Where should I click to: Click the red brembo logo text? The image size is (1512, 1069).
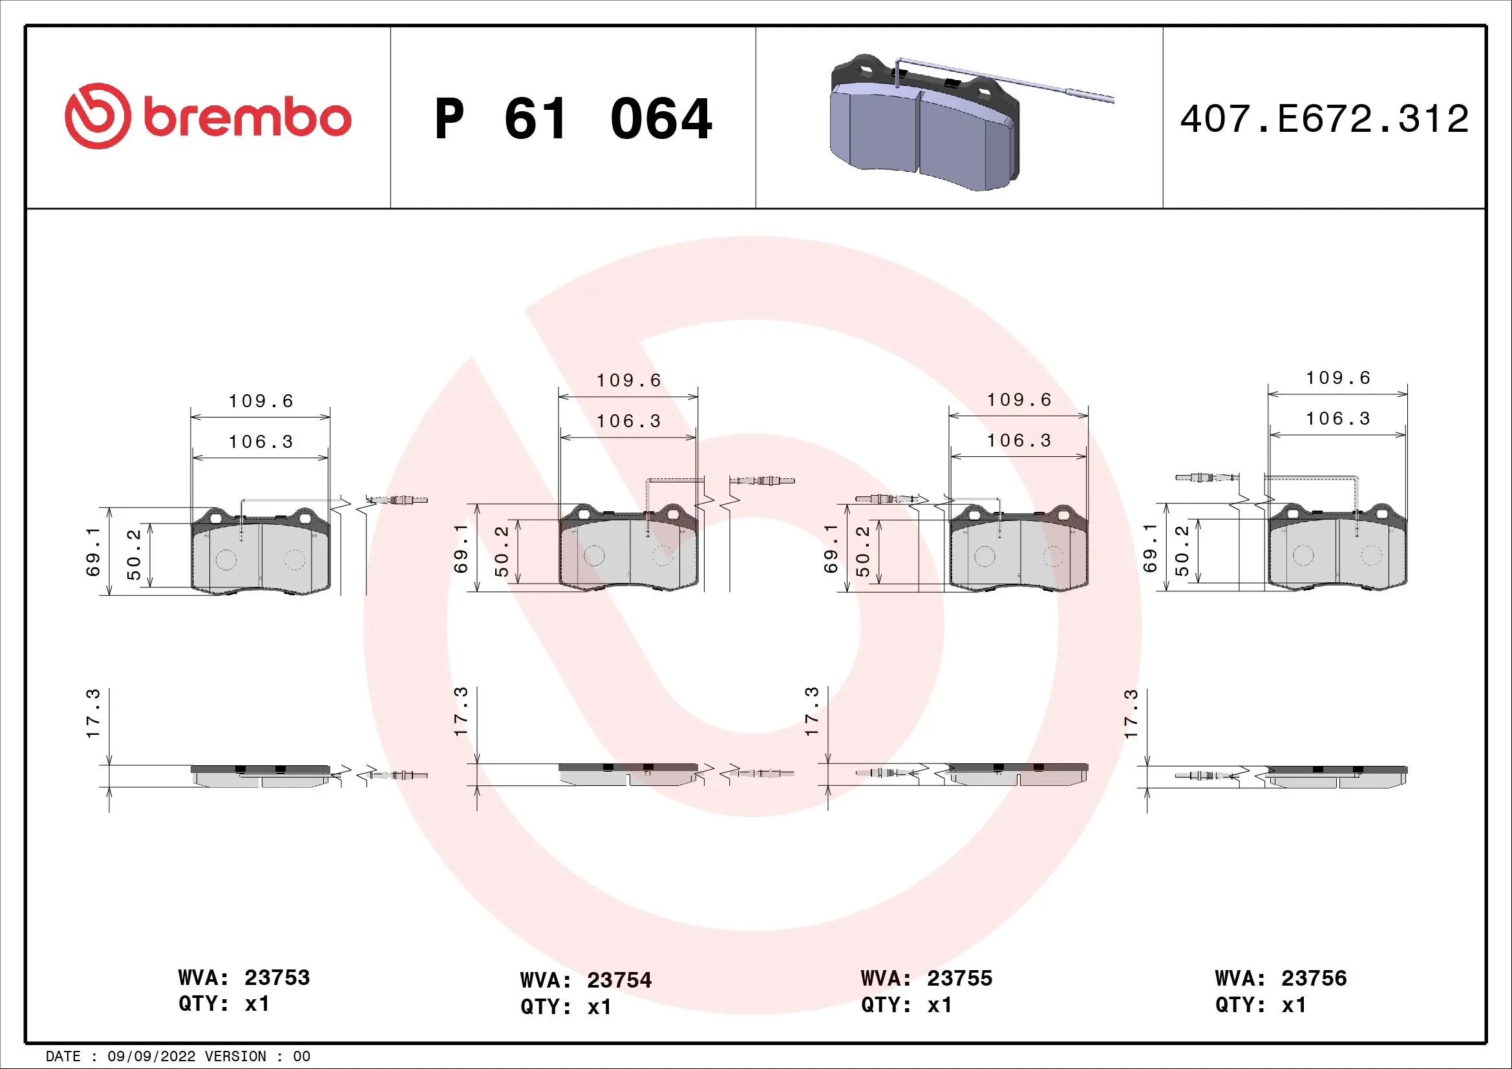click(246, 118)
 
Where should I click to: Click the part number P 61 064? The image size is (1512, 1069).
click(573, 119)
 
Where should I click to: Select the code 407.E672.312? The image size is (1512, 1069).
click(1325, 119)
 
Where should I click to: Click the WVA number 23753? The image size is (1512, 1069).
click(277, 977)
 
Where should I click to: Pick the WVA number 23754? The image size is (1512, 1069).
click(619, 980)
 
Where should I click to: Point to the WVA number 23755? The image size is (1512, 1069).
click(959, 978)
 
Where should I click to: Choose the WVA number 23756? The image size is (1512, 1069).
click(1314, 978)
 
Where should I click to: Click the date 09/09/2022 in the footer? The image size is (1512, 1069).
click(151, 1057)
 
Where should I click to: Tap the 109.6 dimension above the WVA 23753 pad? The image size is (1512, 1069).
click(261, 401)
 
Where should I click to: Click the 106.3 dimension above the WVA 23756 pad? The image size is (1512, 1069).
click(1337, 419)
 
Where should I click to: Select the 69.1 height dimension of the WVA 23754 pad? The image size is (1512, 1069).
click(461, 547)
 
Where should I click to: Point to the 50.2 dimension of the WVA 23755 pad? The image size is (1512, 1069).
click(863, 551)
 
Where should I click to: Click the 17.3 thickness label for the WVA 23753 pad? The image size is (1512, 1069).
click(93, 714)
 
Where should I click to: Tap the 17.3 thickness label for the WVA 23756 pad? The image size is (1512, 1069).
click(1131, 714)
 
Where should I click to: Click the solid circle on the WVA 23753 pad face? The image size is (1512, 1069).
click(226, 560)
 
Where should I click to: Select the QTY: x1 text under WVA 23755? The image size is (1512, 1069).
click(906, 1005)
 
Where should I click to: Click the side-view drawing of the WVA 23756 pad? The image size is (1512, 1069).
click(1337, 777)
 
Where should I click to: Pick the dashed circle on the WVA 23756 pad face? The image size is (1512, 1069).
click(1372, 555)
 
